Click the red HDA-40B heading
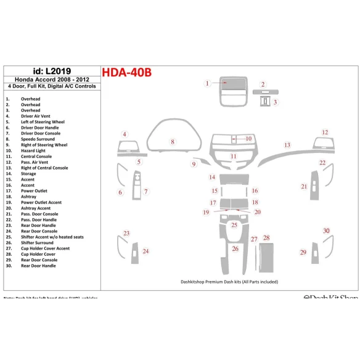(126, 73)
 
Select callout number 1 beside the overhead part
(208, 83)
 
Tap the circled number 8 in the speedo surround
(173, 142)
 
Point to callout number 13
(287, 145)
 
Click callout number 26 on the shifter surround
(235, 248)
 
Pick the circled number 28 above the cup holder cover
(266, 237)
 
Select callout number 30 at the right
(326, 231)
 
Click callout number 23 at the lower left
(126, 233)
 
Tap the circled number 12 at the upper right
(325, 132)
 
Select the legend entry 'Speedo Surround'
(38, 139)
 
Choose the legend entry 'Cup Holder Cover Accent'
(45, 248)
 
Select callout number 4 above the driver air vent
(125, 134)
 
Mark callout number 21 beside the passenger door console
(304, 186)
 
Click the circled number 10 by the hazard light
(248, 139)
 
